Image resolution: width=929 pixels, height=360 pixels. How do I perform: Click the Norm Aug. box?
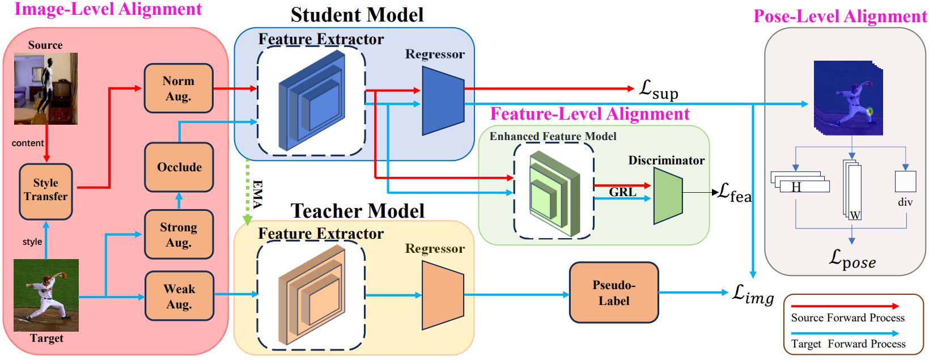179,88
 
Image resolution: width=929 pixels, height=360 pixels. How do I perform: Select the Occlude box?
179,167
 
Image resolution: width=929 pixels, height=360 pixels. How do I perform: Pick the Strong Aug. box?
179,235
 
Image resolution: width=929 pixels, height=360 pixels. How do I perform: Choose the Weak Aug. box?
179,296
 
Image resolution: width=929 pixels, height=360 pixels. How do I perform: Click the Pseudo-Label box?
614,293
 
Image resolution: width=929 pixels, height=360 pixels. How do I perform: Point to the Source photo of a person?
45,88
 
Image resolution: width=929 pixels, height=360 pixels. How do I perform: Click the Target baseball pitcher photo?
46,295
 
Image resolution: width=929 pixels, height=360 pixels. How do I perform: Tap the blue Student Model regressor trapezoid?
443,101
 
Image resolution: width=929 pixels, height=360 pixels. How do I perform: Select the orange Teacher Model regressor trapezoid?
443,295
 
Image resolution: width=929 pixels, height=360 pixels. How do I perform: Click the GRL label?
622,192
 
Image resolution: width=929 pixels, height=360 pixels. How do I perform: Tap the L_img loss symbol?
753,294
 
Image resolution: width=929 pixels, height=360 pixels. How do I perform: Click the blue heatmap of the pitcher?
848,98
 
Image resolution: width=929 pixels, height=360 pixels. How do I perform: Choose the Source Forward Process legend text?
847,317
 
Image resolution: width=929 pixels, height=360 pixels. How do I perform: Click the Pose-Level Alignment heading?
840,16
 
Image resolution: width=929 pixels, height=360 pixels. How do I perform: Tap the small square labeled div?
905,181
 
